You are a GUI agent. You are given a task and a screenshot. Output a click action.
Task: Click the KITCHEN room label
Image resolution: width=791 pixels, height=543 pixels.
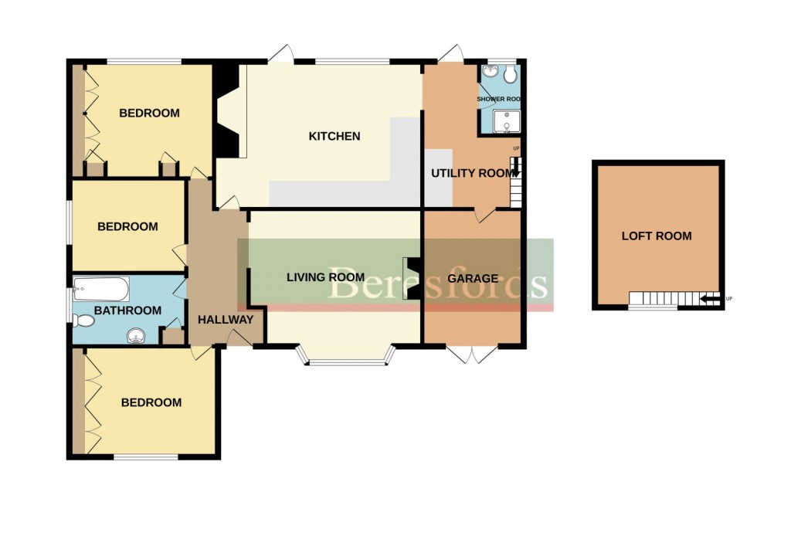334,137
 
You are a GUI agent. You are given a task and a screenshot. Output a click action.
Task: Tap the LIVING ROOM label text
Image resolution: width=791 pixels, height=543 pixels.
325,277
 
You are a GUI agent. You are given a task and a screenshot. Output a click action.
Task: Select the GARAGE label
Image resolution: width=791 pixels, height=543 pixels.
472,278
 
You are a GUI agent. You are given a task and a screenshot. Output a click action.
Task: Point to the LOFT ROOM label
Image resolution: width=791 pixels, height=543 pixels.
657,236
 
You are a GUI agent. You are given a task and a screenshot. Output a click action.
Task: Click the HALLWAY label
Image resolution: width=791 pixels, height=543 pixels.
225,320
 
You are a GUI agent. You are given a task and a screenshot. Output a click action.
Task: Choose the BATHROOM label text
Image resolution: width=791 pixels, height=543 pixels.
127,311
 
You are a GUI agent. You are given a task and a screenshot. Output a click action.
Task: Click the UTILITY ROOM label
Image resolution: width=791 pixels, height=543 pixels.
472,173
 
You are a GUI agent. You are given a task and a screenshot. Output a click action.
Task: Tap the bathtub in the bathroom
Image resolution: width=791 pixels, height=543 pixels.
100,290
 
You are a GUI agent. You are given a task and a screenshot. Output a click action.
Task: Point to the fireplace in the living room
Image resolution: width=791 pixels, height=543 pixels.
413,278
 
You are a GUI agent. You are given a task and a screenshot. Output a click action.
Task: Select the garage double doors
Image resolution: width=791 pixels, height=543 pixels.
471,355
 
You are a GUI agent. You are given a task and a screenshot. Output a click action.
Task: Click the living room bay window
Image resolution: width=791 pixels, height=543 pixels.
346,359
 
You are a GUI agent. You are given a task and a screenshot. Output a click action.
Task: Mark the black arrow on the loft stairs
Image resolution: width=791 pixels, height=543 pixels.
708,298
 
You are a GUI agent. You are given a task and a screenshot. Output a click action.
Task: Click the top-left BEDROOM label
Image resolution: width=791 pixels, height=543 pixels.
149,114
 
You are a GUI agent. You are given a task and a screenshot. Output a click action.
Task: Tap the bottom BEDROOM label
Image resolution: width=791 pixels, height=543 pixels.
151,402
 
